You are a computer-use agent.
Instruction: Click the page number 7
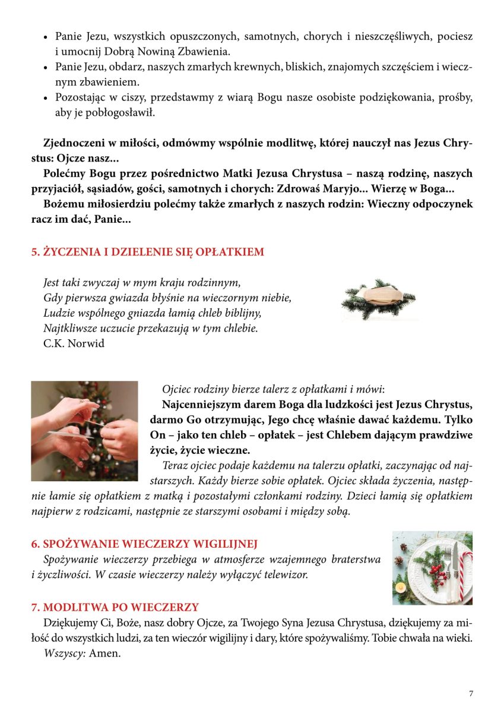471,693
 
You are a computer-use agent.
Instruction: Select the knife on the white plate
455,567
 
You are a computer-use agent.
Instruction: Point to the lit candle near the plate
401,588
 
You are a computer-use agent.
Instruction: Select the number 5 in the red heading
34,252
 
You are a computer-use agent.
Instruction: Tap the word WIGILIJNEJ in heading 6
222,544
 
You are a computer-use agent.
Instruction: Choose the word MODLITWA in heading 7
72,607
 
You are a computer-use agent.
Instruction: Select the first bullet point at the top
46,37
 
